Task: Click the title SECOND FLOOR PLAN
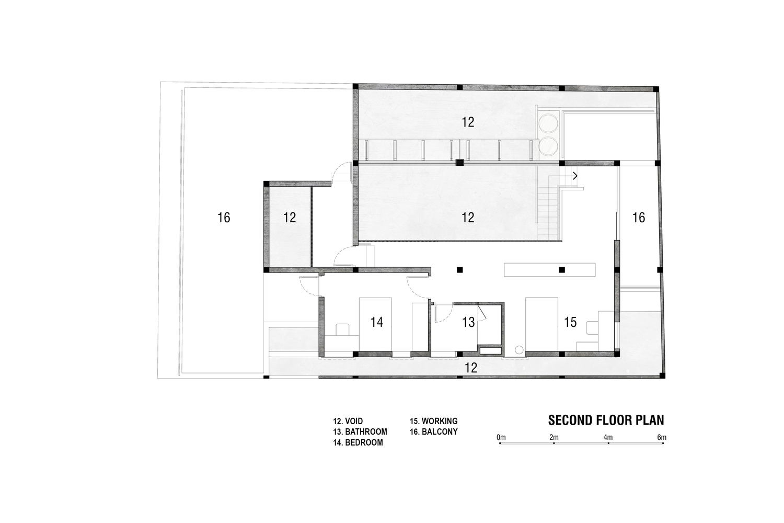click(606, 420)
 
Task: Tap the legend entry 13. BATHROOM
click(360, 431)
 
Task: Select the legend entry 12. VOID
click(348, 421)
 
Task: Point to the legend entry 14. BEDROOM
click(358, 442)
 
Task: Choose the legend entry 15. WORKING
click(434, 421)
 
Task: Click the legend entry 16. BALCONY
click(434, 431)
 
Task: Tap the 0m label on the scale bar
click(501, 437)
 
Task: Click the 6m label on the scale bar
click(662, 437)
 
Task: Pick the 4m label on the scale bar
click(608, 437)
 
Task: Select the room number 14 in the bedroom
click(377, 322)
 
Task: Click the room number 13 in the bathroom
click(468, 322)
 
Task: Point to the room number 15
click(570, 322)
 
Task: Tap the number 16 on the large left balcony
click(224, 218)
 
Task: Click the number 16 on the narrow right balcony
click(638, 218)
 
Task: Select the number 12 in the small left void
click(290, 218)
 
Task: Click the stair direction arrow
click(575, 176)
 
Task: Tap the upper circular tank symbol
click(548, 122)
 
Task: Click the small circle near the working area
click(519, 349)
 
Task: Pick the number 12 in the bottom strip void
click(471, 368)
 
